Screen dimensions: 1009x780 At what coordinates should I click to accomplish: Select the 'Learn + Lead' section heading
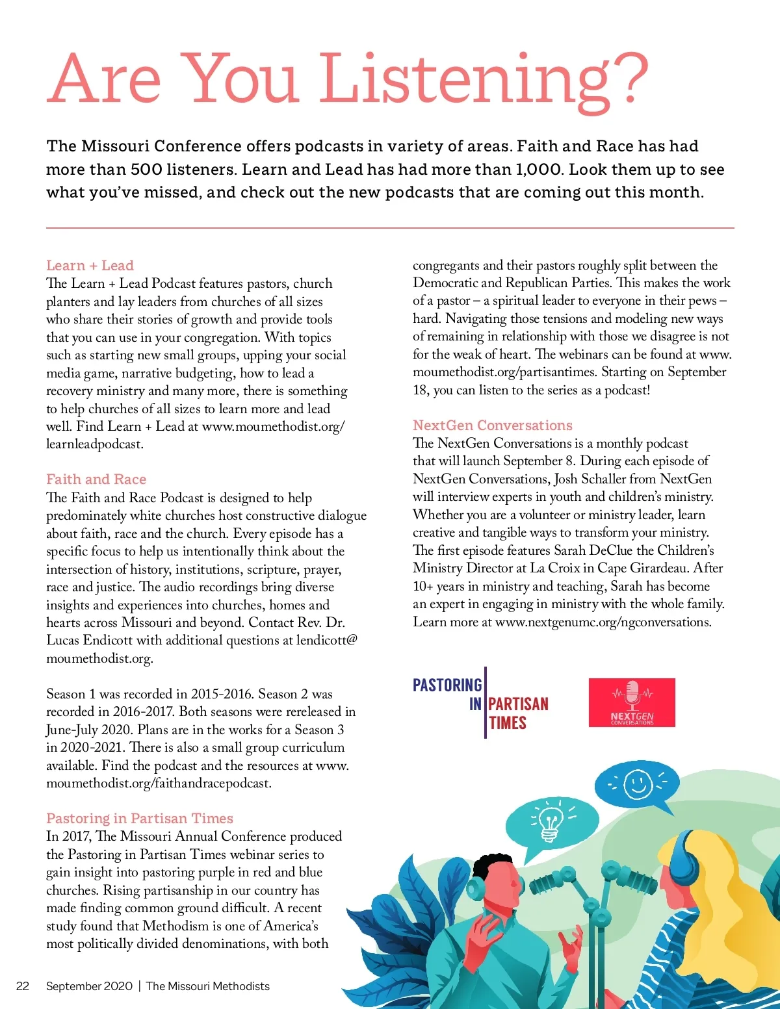90,265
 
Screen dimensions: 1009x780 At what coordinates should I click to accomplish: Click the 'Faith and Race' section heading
96,479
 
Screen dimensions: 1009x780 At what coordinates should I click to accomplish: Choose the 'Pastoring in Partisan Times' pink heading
140,818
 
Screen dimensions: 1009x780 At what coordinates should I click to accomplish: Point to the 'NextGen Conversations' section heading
493,425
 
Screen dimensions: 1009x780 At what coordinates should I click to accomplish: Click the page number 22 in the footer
23,986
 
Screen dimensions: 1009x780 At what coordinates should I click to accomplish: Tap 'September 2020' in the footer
89,986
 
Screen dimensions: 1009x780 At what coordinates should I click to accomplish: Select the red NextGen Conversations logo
632,702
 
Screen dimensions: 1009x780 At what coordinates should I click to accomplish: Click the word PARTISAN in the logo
518,704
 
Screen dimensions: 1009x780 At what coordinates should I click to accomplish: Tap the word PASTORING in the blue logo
447,685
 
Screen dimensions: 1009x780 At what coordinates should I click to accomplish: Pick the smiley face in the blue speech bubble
638,784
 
